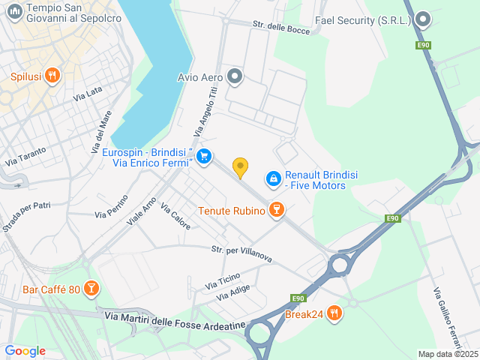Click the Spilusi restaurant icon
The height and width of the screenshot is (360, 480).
[52, 75]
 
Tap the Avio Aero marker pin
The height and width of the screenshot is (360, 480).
[235, 76]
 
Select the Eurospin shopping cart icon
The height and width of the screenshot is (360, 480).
[204, 157]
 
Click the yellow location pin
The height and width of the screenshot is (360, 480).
[240, 167]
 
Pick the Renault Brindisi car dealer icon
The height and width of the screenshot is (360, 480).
[274, 178]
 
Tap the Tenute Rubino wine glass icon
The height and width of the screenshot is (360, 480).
[277, 210]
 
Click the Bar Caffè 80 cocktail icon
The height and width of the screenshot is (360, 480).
[91, 289]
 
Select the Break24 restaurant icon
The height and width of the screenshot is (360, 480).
[334, 313]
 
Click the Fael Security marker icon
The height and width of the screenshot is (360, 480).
[423, 19]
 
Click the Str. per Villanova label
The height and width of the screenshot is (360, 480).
[241, 253]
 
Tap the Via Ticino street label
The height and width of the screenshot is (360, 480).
[223, 282]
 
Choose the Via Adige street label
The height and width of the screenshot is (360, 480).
[232, 293]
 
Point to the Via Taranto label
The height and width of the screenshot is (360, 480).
[25, 155]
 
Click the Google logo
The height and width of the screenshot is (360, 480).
[25, 350]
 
